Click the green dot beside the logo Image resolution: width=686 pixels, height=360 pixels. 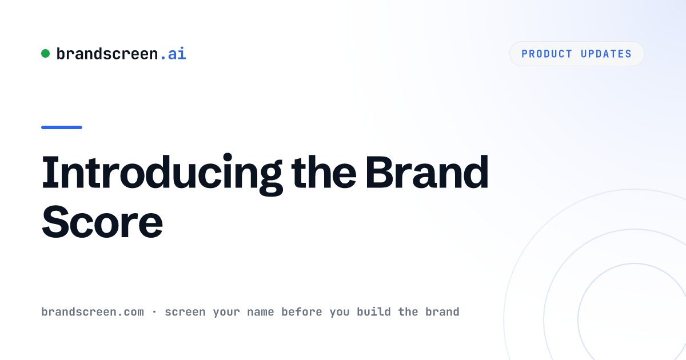click(45, 54)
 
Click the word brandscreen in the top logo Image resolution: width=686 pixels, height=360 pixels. click(107, 54)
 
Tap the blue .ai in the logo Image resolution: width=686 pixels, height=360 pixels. click(173, 54)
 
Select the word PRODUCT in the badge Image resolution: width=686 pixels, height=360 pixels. click(547, 54)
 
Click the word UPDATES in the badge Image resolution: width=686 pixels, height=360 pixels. click(606, 54)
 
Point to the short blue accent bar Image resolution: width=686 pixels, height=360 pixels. click(62, 127)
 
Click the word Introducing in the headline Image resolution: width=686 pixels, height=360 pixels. click(162, 174)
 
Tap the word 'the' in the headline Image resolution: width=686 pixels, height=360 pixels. click(324, 172)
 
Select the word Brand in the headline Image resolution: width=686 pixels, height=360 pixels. click(426, 172)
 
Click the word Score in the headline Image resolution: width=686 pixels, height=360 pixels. click(102, 222)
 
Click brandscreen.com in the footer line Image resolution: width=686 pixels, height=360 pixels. click(93, 312)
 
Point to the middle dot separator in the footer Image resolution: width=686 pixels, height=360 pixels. click(154, 312)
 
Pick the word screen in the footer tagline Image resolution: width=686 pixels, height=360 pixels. click(185, 312)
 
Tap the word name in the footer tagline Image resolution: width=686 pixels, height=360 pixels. click(260, 312)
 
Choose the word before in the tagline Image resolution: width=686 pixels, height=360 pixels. click(302, 312)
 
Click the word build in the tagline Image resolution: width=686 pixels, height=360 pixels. click(374, 312)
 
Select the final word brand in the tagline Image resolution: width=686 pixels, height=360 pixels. click(442, 312)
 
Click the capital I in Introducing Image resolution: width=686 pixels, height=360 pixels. click(50, 172)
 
